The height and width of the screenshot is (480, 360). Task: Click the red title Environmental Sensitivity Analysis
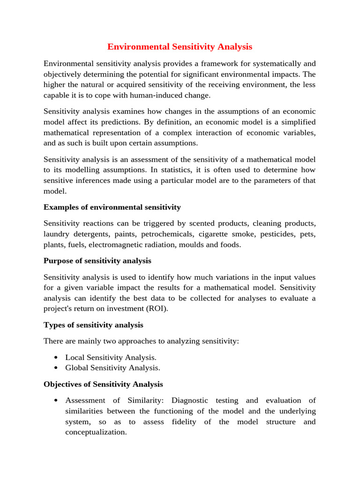click(x=180, y=47)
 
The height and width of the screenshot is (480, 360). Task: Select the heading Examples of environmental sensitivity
click(x=112, y=207)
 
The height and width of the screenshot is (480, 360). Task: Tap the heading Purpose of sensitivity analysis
click(x=97, y=261)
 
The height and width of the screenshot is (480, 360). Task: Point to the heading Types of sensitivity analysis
click(x=93, y=325)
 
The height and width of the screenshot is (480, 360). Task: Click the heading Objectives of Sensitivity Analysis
click(x=103, y=384)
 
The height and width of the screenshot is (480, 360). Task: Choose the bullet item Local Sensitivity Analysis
click(x=111, y=358)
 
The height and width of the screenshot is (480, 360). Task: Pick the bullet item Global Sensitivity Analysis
click(x=113, y=368)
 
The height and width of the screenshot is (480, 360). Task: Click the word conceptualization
click(x=96, y=433)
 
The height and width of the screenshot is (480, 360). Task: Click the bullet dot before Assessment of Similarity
click(x=56, y=401)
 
